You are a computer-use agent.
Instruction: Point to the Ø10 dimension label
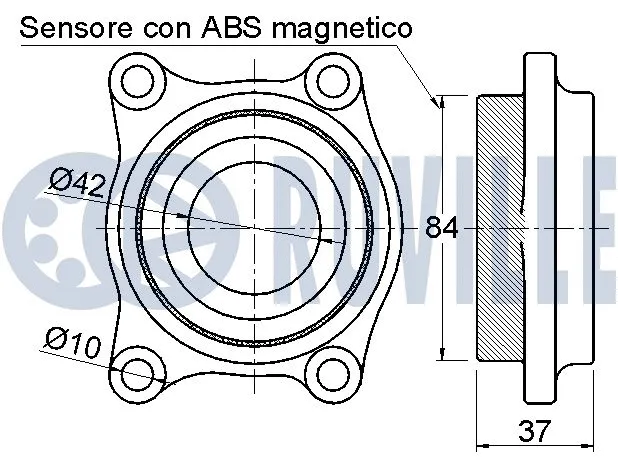pyautogui.click(x=72, y=344)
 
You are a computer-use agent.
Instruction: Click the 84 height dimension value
pyautogui.click(x=441, y=228)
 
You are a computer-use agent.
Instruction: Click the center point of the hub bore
pyautogui.click(x=258, y=228)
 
